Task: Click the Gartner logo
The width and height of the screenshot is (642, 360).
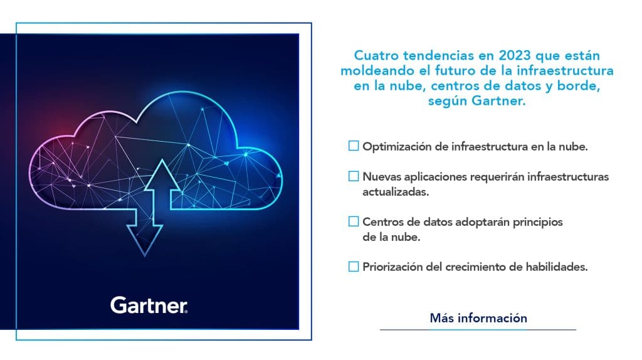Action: point(149,305)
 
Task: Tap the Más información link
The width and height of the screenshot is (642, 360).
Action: point(478,318)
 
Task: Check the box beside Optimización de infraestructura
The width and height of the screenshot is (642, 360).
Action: point(354,146)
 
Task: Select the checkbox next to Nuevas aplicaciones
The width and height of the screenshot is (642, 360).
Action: point(354,176)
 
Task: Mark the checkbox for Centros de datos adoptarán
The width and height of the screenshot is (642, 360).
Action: point(354,221)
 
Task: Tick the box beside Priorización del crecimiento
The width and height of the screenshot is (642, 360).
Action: point(354,267)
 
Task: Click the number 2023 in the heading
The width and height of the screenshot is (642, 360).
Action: point(515,55)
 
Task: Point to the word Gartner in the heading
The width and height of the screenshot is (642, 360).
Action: point(498,101)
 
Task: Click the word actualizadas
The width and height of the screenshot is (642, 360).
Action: point(396,192)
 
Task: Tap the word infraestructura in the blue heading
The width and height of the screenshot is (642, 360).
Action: point(565,70)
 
